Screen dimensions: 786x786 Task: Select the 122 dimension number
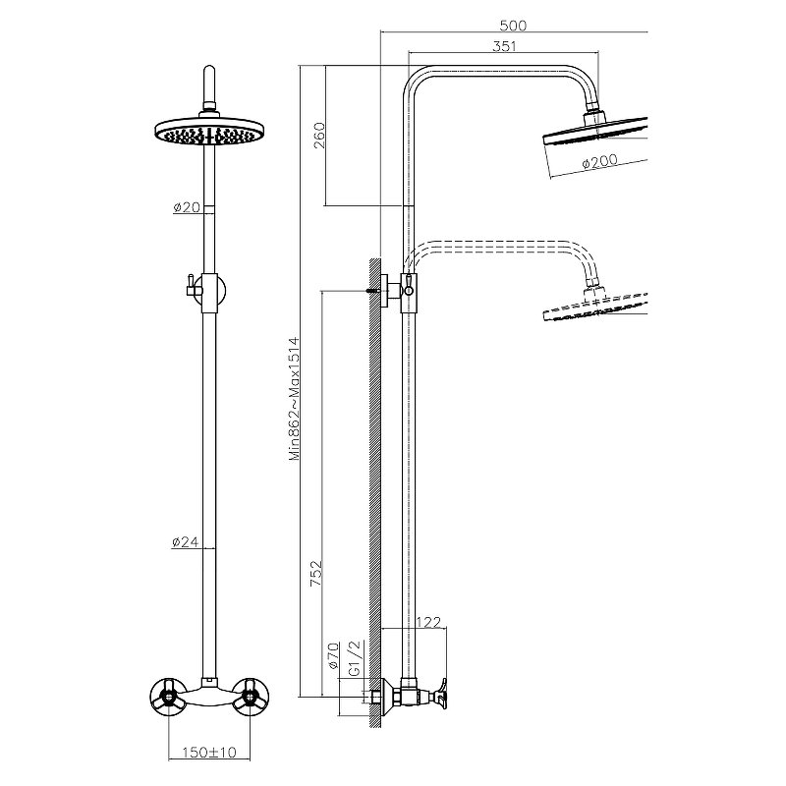(x=428, y=621)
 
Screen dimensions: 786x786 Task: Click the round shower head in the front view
(x=210, y=132)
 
